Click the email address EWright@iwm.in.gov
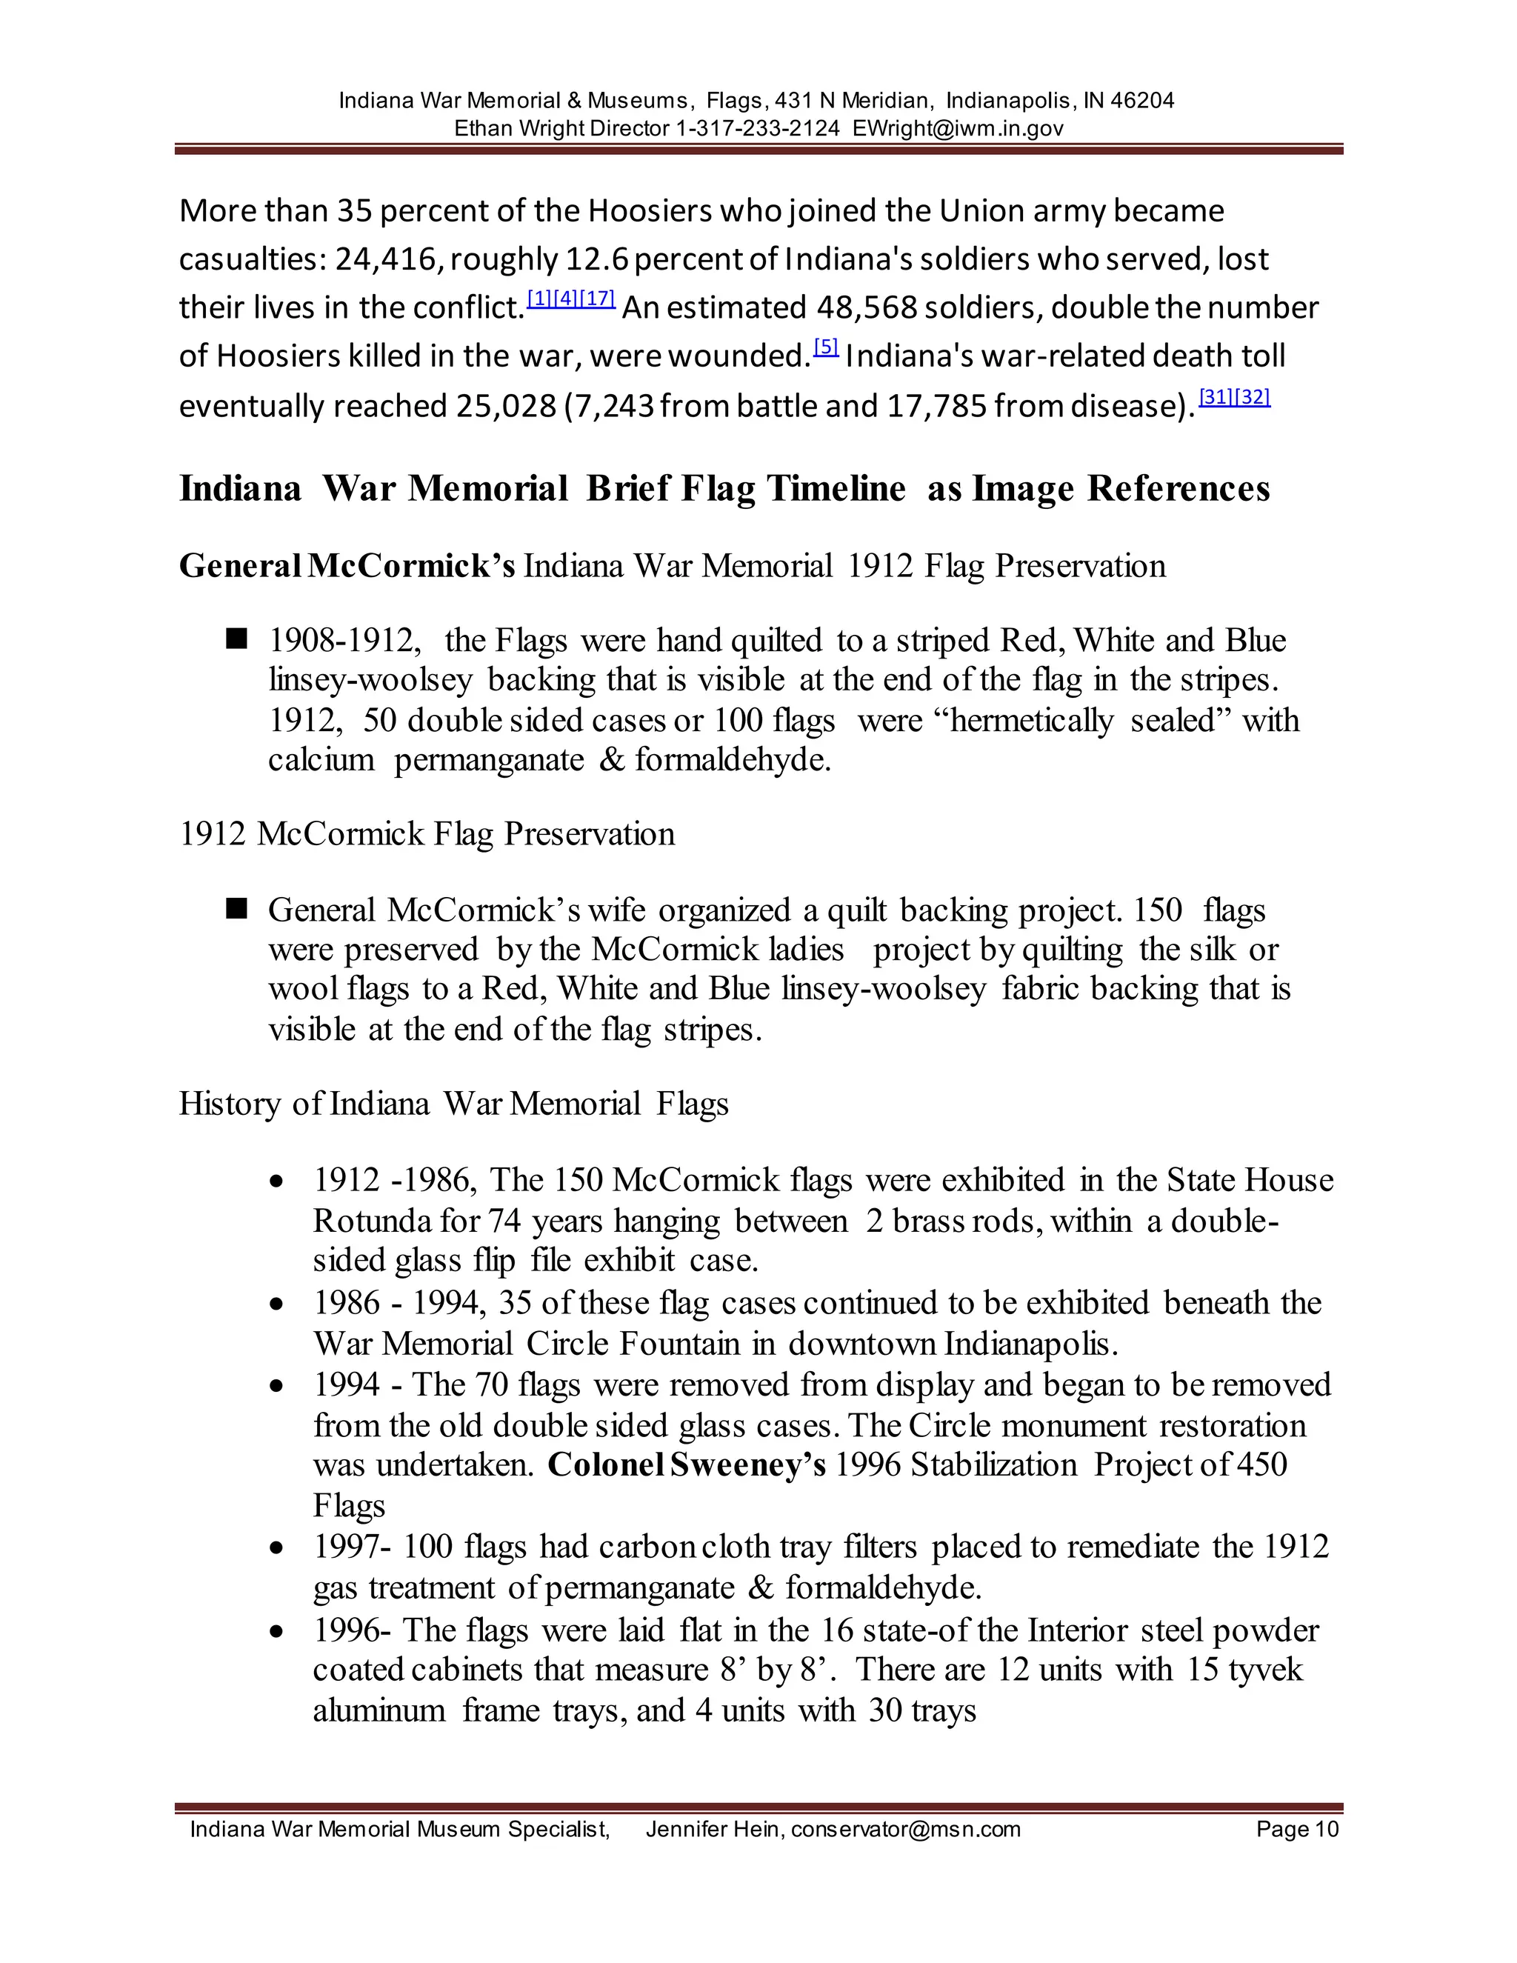pyautogui.click(x=957, y=129)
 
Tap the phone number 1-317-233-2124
pyautogui.click(x=757, y=129)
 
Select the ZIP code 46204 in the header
pyautogui.click(x=1142, y=101)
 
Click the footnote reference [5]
pyautogui.click(x=826, y=347)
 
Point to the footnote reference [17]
pyautogui.click(x=598, y=299)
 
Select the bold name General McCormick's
pyautogui.click(x=347, y=566)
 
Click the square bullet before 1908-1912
pyautogui.click(x=236, y=639)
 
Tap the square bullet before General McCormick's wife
pyautogui.click(x=236, y=910)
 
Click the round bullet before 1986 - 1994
pyautogui.click(x=278, y=1304)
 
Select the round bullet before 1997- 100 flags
pyautogui.click(x=278, y=1547)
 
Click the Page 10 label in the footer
pyautogui.click(x=1297, y=1829)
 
